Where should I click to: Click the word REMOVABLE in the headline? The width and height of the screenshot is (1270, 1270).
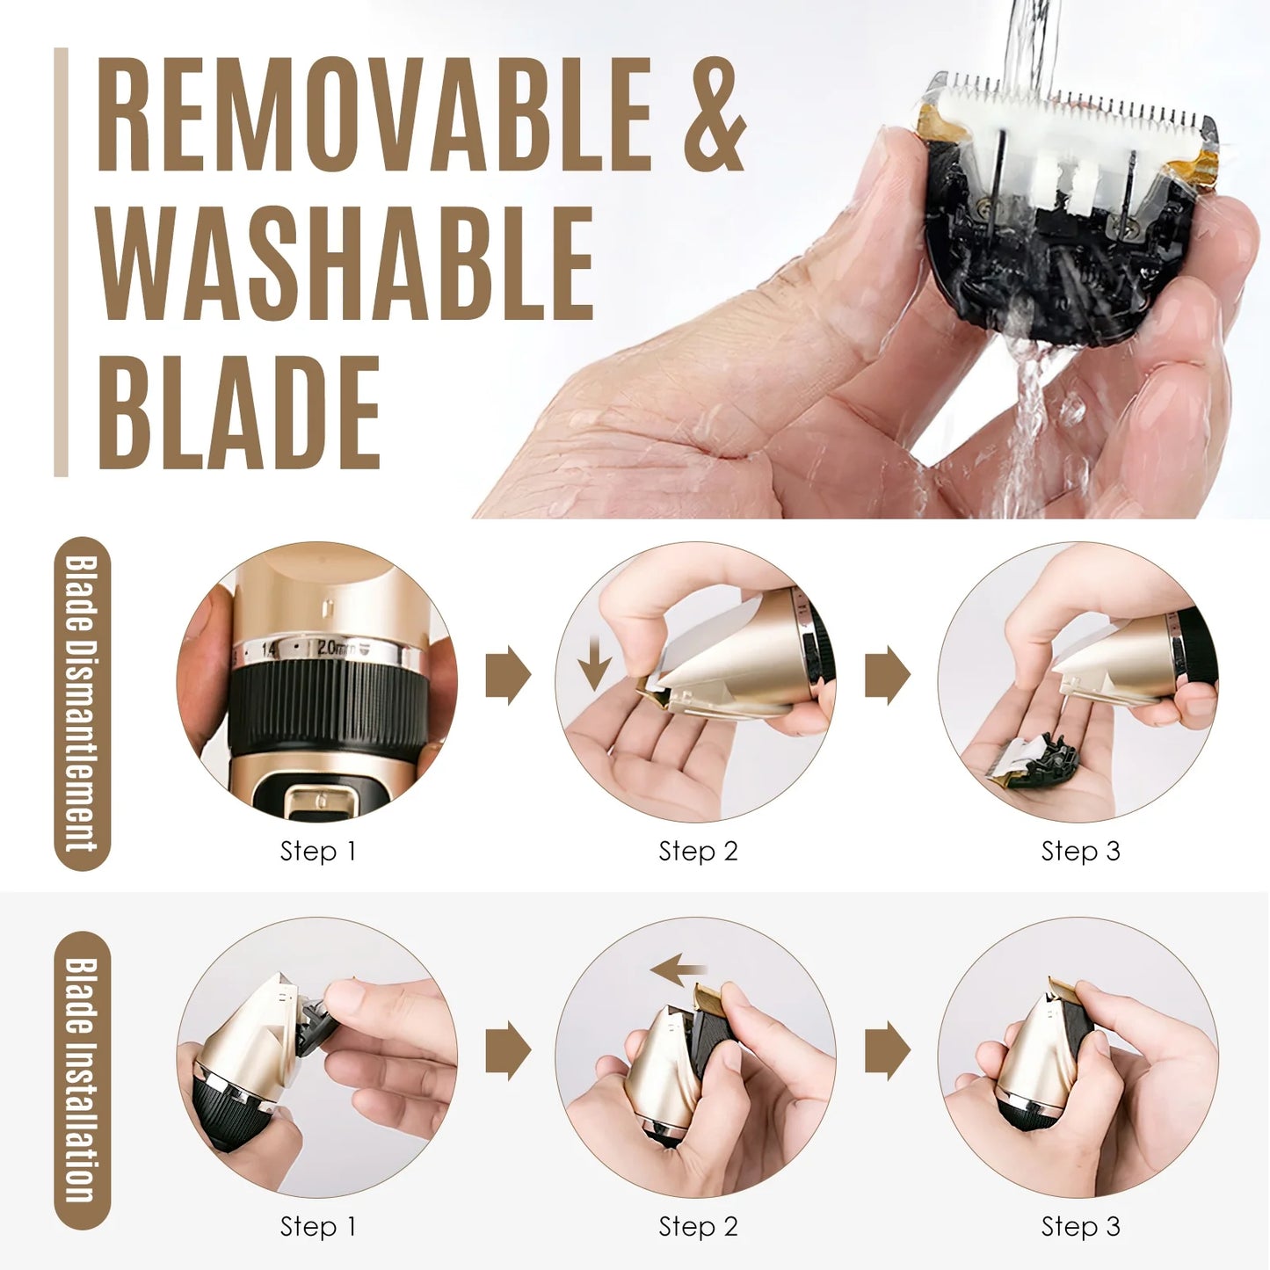coord(374,114)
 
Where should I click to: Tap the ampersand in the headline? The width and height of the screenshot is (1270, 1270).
coord(715,114)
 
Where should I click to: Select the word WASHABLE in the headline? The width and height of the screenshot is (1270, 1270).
coord(345,264)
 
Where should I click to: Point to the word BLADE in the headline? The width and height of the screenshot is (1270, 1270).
coord(239,413)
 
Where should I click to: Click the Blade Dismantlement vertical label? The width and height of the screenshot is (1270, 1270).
coord(82,703)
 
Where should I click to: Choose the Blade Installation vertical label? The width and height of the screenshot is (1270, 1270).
coord(82,1079)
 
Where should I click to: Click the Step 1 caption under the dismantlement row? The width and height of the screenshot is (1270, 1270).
coord(318,851)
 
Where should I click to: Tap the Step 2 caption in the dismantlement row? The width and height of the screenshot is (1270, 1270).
coord(698,851)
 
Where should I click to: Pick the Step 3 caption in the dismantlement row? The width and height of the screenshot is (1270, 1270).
coord(1080,851)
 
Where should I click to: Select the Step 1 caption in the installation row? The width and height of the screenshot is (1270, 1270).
coord(318,1226)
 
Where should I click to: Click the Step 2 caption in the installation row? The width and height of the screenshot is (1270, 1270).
coord(698,1226)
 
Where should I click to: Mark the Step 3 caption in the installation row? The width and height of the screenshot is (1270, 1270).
coord(1080,1226)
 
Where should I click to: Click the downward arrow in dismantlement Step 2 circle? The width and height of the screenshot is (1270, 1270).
coord(595,664)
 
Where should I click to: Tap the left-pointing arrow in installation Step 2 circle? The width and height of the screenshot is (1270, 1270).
coord(677,970)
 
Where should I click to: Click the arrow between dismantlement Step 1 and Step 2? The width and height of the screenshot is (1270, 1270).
coord(508,675)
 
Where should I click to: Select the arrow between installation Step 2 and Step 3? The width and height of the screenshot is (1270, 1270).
coord(887,1050)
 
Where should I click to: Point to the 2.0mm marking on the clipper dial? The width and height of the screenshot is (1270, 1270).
coord(335,649)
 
